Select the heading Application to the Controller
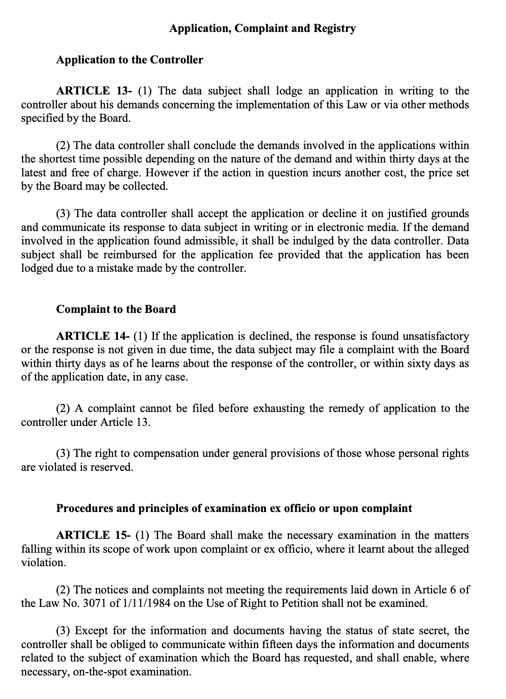pos(129,60)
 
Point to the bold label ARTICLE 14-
pos(94,336)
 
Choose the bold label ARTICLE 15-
pos(94,536)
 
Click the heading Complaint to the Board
pos(116,309)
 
